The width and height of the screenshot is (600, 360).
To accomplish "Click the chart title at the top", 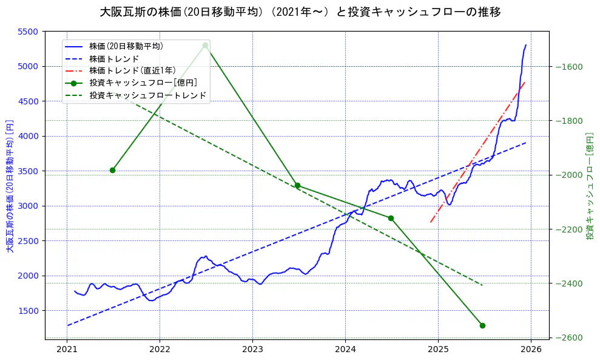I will [x=300, y=12].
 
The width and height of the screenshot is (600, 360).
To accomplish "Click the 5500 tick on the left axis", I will [x=29, y=32].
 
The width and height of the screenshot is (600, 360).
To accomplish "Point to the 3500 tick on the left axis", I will [x=29, y=171].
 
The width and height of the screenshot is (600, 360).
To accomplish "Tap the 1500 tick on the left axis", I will [x=29, y=311].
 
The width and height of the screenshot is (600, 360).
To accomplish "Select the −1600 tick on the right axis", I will [x=568, y=67].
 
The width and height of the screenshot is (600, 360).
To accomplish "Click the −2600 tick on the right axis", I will [x=568, y=338].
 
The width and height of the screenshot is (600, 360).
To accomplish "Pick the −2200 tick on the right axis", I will [x=568, y=229].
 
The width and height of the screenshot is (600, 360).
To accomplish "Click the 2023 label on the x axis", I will [x=252, y=349].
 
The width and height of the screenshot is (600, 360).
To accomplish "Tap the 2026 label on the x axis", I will [x=531, y=349].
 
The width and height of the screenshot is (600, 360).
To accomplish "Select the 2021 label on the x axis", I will [x=67, y=349].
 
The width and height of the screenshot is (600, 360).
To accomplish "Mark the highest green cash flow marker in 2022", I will [x=205, y=46].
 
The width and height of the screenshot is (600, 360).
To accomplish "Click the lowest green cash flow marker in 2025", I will [x=482, y=325].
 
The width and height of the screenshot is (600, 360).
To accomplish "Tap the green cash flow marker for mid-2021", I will [x=112, y=170].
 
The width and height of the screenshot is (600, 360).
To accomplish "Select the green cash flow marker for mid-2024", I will [x=391, y=218].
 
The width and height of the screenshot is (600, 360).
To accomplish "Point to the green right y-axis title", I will [x=589, y=185].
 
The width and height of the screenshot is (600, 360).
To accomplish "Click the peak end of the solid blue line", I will [x=525, y=45].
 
